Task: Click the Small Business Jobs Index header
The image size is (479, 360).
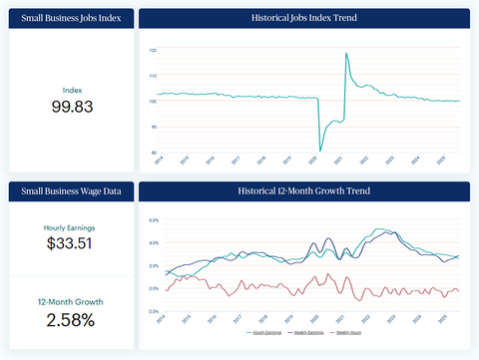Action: (71, 19)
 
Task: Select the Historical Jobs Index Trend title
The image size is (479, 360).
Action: (304, 19)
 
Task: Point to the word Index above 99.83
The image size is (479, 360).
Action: (71, 89)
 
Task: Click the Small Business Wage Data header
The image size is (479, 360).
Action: (71, 190)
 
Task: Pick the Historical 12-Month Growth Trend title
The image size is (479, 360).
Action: (304, 190)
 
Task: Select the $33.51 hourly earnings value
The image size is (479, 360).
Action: (71, 242)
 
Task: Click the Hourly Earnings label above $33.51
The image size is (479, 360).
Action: (71, 226)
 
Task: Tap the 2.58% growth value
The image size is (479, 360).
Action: (71, 319)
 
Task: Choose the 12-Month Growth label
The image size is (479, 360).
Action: (71, 301)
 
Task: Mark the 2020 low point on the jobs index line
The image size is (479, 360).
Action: (320, 151)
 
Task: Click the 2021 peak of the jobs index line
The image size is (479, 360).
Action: (345, 54)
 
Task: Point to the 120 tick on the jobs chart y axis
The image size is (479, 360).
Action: (153, 49)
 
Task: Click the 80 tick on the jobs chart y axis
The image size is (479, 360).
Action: (153, 152)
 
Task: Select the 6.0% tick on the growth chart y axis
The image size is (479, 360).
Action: (154, 219)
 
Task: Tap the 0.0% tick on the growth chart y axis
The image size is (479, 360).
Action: (154, 311)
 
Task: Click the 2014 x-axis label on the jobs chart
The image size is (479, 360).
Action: (159, 160)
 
